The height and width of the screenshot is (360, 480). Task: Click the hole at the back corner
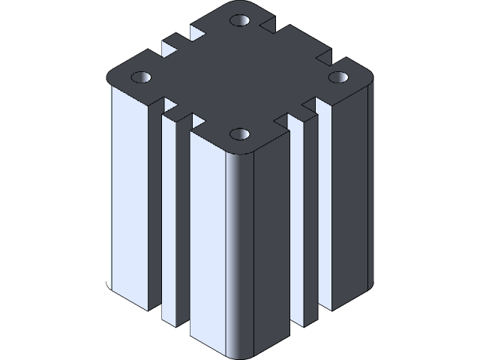[x=240, y=20]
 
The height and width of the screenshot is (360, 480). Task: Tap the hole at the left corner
[x=142, y=77]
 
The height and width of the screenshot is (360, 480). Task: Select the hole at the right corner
[x=338, y=76]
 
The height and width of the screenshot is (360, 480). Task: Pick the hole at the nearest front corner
[x=240, y=135]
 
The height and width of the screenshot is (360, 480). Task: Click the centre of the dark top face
[x=240, y=79]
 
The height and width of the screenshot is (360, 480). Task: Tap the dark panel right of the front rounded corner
[x=271, y=240]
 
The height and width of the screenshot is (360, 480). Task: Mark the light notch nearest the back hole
[x=198, y=33]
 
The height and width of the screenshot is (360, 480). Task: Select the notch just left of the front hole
[x=199, y=120]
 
